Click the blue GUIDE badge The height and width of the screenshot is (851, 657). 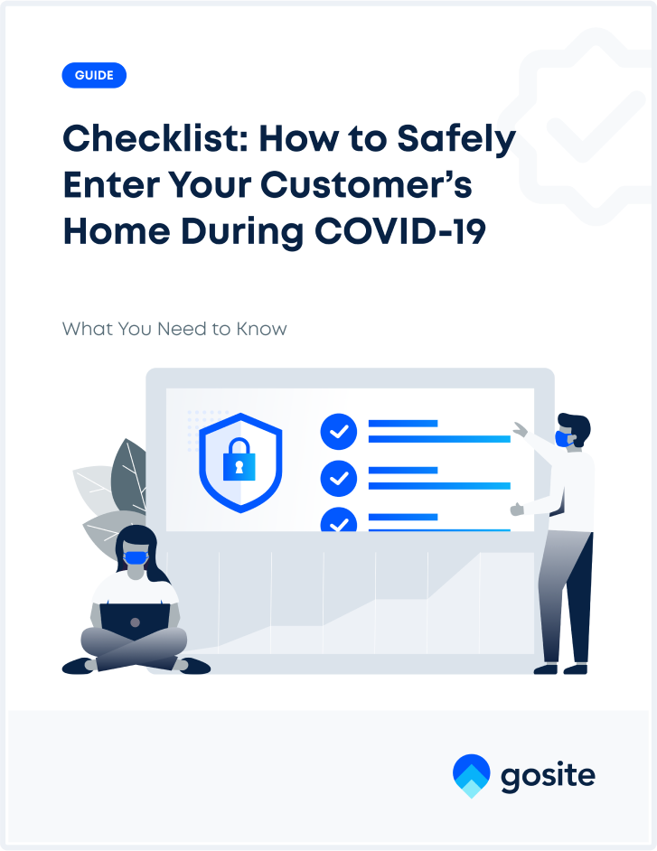(x=94, y=76)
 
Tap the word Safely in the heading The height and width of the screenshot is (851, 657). (x=456, y=140)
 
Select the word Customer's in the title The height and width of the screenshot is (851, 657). (x=367, y=184)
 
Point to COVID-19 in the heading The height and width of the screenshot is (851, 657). (x=400, y=231)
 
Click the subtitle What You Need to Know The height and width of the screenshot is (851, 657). (x=174, y=329)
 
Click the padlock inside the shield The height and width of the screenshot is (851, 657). (x=239, y=459)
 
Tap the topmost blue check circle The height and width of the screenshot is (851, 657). (x=339, y=432)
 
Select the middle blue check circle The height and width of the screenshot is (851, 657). (x=339, y=478)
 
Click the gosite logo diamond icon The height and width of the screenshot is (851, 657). (x=472, y=775)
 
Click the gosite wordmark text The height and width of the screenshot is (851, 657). (x=548, y=776)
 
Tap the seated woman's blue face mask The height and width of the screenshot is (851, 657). (x=136, y=557)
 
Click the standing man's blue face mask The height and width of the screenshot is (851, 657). (x=563, y=438)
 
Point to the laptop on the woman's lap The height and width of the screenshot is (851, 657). (x=136, y=622)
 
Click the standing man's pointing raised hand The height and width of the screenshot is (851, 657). (x=521, y=429)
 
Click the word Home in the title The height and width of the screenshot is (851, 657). (x=117, y=231)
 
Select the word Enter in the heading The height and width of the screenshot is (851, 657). (x=110, y=184)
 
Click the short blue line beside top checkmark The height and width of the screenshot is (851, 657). (x=403, y=424)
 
